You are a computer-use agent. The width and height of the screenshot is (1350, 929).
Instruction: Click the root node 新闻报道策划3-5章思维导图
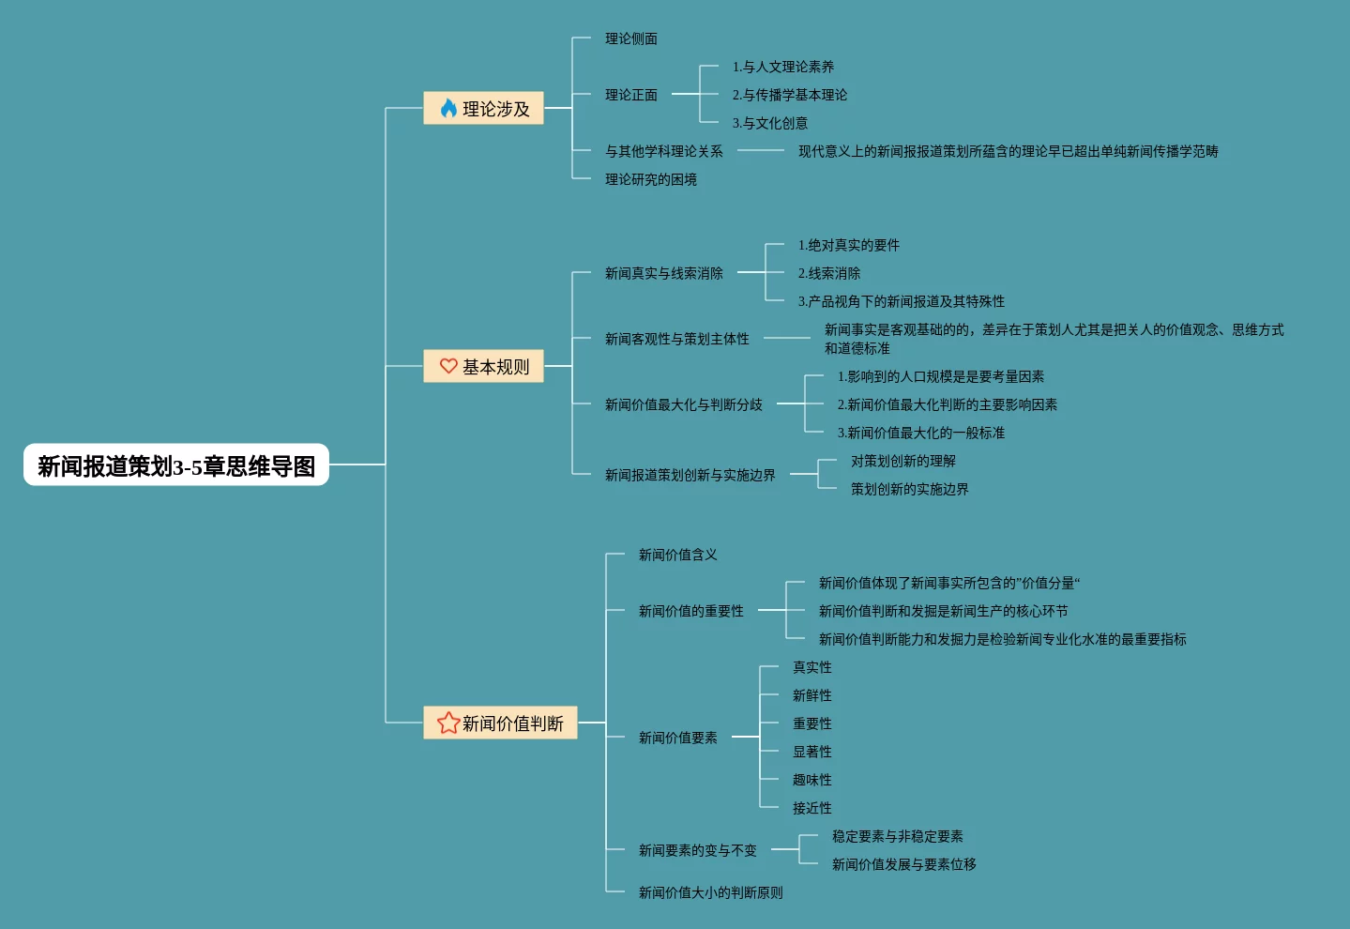(176, 465)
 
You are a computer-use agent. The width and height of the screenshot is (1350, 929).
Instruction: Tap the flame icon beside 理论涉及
(448, 109)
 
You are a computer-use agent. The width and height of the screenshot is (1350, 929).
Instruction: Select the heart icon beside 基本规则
(448, 366)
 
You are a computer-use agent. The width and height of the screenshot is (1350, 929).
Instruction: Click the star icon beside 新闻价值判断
(448, 723)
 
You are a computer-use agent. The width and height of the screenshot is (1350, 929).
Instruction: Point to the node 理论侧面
(630, 38)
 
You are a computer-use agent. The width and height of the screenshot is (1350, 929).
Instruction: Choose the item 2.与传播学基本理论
(789, 95)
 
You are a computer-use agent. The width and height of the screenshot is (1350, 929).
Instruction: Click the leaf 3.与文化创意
(769, 123)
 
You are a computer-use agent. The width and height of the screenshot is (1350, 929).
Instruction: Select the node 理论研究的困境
(650, 179)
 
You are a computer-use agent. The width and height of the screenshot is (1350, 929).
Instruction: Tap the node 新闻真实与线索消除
(663, 273)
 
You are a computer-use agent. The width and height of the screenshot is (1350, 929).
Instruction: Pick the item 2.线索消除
(828, 273)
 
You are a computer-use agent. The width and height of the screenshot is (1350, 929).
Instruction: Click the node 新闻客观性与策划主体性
(676, 339)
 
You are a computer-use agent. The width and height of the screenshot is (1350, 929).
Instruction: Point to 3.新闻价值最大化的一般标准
(920, 433)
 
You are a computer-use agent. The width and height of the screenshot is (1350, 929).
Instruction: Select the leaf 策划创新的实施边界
(909, 489)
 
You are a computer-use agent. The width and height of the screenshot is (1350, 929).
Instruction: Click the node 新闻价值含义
(677, 555)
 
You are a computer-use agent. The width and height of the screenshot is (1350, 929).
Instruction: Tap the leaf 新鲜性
(812, 695)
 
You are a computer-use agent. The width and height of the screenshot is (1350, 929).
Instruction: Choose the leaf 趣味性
(812, 780)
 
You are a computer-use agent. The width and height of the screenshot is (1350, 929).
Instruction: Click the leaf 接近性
(812, 808)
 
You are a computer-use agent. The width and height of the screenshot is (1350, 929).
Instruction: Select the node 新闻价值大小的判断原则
(710, 892)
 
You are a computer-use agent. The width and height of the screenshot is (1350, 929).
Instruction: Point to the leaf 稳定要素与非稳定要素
(897, 836)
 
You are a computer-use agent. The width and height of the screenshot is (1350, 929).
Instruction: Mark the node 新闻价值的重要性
(690, 611)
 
